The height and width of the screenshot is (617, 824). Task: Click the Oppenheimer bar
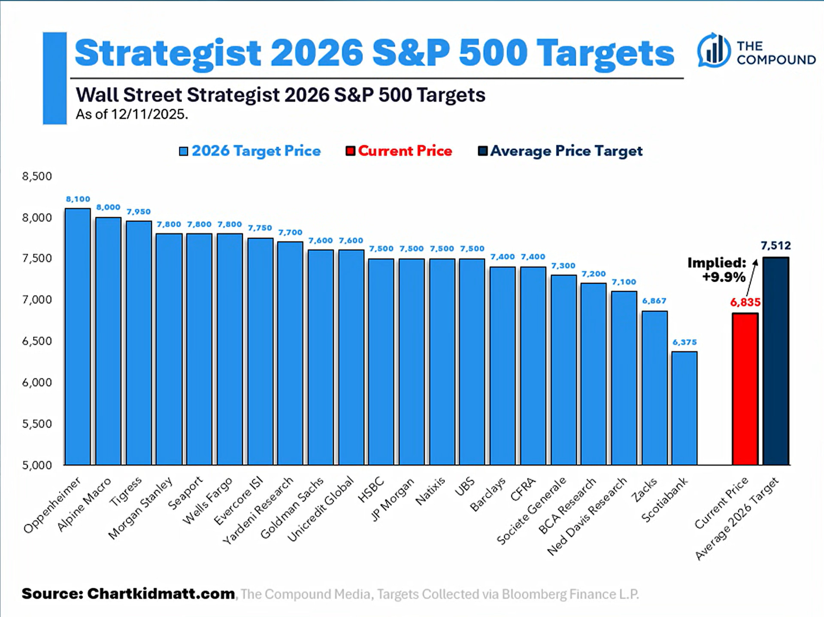(78, 337)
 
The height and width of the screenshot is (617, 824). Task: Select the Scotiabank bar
(685, 408)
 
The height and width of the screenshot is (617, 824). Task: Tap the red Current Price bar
(745, 389)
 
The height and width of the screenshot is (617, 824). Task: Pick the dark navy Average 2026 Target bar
(776, 361)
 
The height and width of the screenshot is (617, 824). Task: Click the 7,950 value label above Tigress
(139, 212)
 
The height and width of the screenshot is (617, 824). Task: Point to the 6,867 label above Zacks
(654, 301)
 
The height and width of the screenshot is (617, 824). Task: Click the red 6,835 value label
(745, 302)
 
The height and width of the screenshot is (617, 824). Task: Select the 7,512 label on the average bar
(776, 246)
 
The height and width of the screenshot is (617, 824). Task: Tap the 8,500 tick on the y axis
(37, 176)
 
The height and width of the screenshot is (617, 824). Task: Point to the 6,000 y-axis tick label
(37, 382)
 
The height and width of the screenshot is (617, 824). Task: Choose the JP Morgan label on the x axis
(393, 499)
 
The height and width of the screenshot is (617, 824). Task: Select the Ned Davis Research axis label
(587, 516)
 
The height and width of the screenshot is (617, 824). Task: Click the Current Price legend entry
(399, 151)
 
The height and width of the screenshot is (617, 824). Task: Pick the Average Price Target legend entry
(560, 151)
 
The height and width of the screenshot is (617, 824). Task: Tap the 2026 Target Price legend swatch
(184, 151)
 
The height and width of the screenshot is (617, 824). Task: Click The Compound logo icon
(713, 50)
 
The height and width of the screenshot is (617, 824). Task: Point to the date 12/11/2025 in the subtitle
(149, 115)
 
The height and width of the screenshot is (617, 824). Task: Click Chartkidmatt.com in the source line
(161, 594)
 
